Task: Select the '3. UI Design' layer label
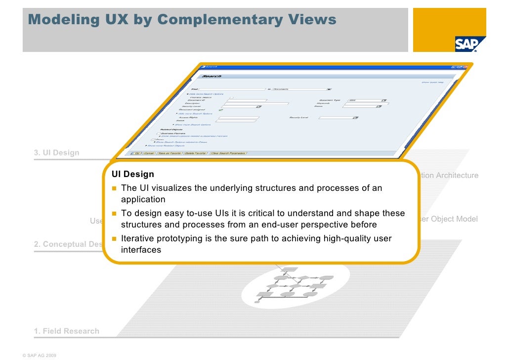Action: click(56, 153)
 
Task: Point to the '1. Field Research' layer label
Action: click(66, 331)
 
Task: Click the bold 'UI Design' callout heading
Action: click(132, 175)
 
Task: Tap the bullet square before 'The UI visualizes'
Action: click(114, 188)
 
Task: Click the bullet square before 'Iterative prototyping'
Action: click(114, 239)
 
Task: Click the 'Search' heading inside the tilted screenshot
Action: click(212, 76)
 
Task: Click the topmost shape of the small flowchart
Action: click(291, 270)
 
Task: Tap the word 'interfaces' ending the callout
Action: click(141, 250)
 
